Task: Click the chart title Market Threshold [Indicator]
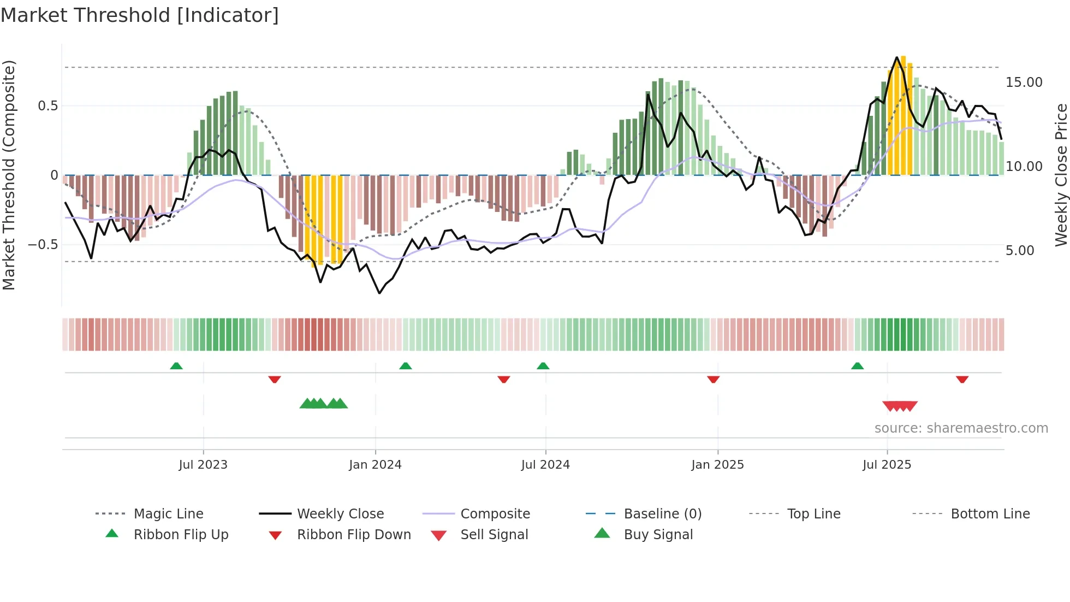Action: click(x=140, y=15)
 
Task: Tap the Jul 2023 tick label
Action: click(x=203, y=465)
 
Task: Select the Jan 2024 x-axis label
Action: click(x=375, y=465)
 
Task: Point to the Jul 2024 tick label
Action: click(x=545, y=465)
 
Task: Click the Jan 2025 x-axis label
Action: click(x=717, y=465)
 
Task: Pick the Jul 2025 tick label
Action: click(x=887, y=465)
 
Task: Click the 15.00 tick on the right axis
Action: click(x=1024, y=82)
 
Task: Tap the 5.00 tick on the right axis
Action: click(x=1020, y=251)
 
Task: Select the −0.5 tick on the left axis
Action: click(x=43, y=245)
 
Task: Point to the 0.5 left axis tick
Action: click(x=47, y=106)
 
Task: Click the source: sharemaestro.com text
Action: click(x=961, y=428)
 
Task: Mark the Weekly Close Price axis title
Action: click(x=1061, y=175)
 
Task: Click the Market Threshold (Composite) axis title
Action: click(x=9, y=175)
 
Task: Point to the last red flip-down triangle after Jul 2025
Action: click(x=962, y=379)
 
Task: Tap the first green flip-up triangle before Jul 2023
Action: click(x=176, y=366)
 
